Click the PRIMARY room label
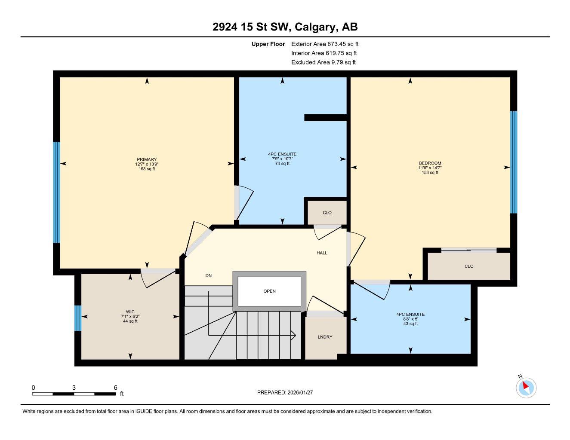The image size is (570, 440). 147,159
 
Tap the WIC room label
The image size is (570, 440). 130,312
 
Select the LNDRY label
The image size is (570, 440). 325,337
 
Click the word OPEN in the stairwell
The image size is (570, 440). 269,291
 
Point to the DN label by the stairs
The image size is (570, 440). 208,276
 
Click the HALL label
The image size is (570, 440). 322,253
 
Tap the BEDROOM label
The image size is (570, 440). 430,163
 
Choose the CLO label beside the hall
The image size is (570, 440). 327,213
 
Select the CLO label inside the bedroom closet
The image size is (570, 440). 469,266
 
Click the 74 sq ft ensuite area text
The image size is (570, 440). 282,164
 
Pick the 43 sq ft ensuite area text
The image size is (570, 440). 410,324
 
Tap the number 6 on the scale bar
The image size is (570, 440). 115,388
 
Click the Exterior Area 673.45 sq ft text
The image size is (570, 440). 324,44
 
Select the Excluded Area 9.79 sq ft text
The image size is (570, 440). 323,62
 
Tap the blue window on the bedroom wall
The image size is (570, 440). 513,162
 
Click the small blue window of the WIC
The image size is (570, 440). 78,318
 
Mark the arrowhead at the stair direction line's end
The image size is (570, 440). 294,335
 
